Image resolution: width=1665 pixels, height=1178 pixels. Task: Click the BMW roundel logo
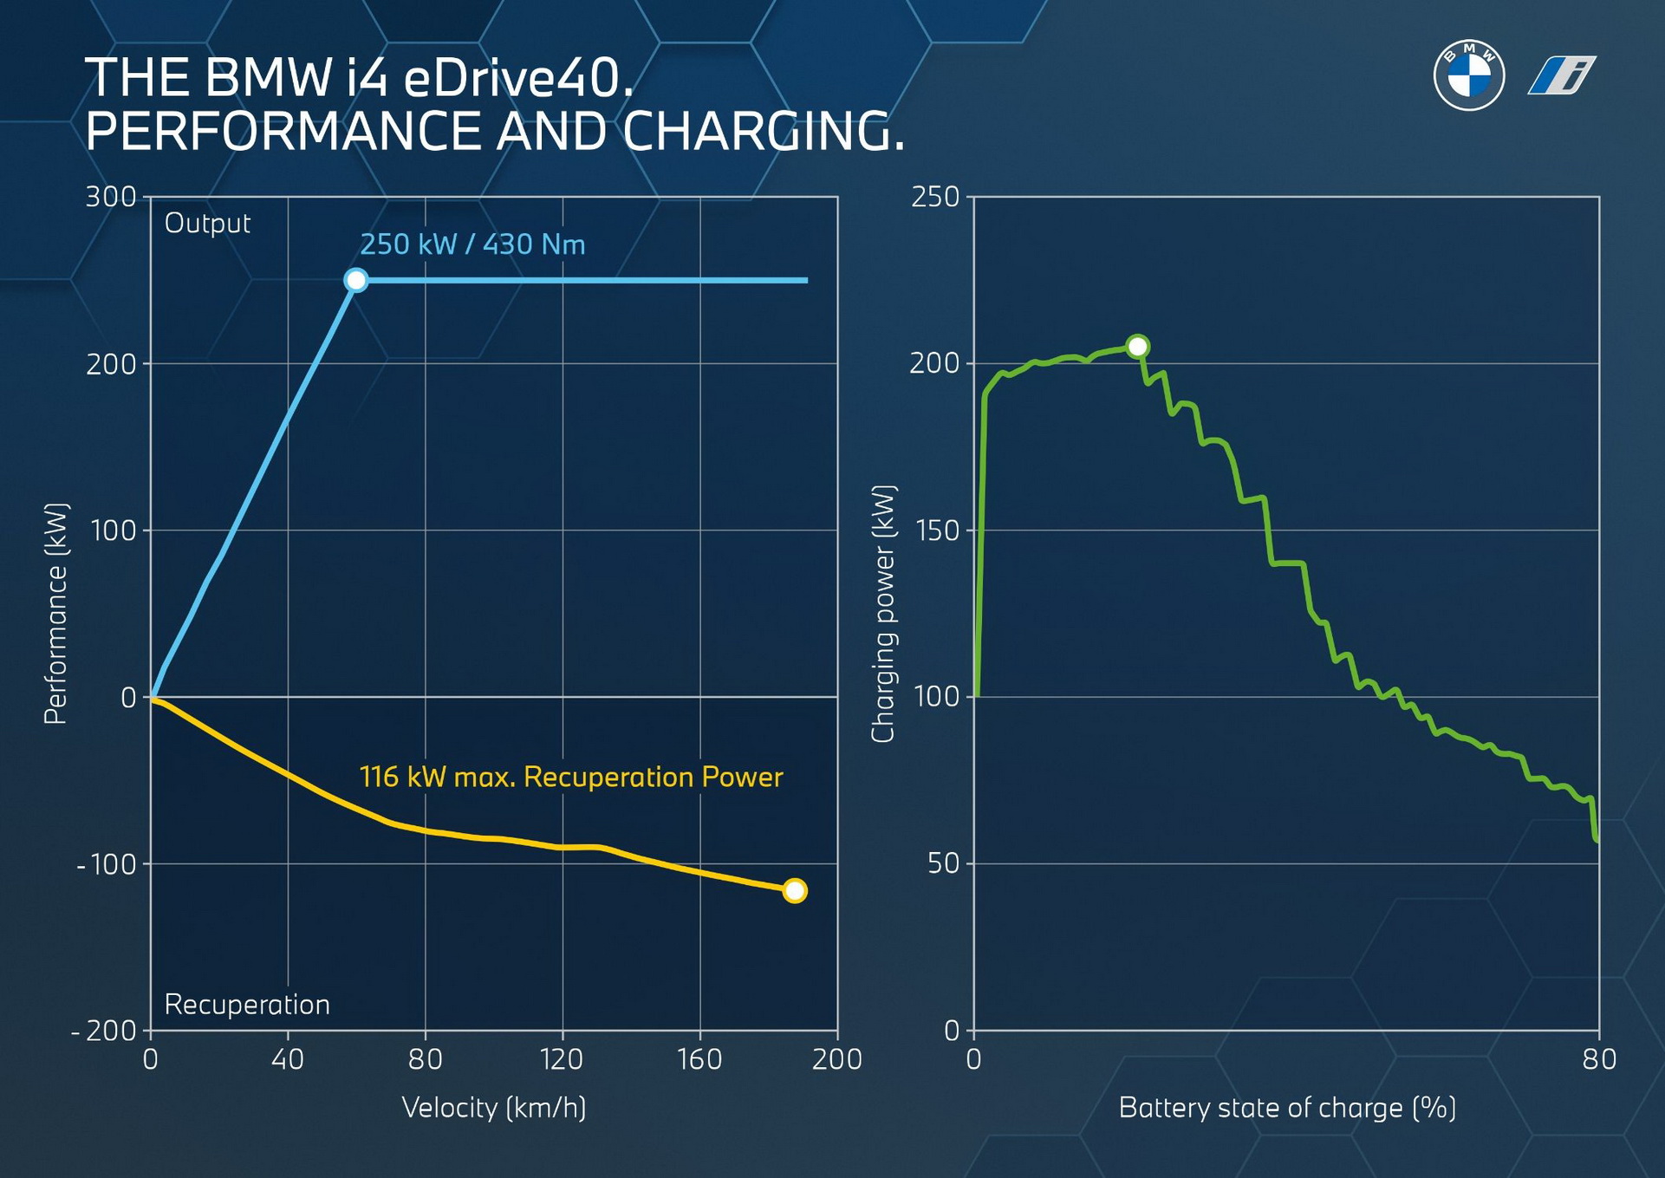1468,75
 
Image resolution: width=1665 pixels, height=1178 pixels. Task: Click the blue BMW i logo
1561,75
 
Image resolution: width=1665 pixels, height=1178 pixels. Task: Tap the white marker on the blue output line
355,280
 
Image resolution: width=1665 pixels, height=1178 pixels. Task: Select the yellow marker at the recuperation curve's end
794,890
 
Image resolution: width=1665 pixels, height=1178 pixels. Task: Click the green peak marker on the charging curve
1137,346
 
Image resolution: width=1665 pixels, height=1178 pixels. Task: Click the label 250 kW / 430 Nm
472,244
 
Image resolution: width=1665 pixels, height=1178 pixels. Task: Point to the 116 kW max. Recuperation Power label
570,777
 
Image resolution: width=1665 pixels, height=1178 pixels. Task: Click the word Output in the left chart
207,224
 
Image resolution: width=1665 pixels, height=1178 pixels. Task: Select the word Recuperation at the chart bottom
247,1004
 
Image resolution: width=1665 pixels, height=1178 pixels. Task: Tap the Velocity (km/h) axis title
494,1108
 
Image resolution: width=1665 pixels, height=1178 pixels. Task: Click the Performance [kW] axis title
55,613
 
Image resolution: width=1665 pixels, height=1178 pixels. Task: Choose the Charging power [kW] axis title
882,613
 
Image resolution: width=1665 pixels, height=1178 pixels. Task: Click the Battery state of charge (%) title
1286,1108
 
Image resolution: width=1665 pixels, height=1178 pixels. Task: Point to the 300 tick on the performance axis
111,197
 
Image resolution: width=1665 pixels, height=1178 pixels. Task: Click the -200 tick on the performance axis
105,1031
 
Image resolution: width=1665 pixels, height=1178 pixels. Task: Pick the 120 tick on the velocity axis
562,1059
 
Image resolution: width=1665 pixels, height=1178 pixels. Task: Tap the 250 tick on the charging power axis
935,197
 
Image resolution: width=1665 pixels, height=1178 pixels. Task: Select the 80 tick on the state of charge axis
1598,1059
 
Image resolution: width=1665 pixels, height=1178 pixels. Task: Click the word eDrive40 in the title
517,78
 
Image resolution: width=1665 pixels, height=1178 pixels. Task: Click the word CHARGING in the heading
763,132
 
